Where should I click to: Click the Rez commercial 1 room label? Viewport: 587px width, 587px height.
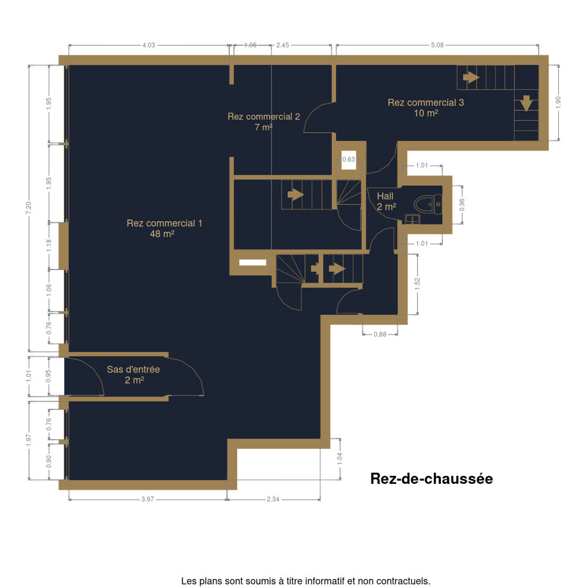[x=165, y=228]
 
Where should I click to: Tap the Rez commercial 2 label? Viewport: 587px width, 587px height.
[x=264, y=122]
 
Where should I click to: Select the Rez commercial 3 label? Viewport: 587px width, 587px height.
[x=426, y=107]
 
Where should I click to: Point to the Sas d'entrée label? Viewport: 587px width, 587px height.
[x=133, y=374]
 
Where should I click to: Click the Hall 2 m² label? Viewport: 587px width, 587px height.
[x=386, y=201]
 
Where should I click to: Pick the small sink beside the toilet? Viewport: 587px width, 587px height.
[x=412, y=219]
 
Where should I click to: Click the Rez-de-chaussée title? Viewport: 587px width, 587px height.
[x=431, y=479]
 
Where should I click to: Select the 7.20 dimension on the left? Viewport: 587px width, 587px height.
[x=29, y=208]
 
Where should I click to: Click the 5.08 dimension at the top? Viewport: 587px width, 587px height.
[x=437, y=45]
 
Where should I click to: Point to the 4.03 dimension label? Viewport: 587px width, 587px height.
[x=148, y=45]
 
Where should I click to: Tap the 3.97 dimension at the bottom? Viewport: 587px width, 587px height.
[x=147, y=499]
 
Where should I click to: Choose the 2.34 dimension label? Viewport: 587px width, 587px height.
[x=273, y=499]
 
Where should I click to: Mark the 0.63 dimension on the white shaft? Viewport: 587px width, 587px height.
[x=349, y=159]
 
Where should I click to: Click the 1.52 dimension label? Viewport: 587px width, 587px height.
[x=418, y=284]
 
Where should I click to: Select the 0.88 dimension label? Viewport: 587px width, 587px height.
[x=380, y=334]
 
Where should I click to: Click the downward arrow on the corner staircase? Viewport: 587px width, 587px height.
[x=526, y=103]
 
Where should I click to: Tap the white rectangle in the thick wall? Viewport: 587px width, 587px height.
[x=253, y=263]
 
